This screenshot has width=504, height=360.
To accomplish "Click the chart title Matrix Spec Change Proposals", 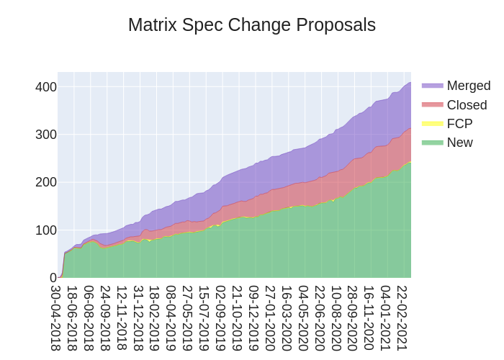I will [251, 25].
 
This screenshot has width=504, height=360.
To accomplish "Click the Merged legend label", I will [468, 86].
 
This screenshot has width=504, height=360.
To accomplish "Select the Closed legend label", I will [467, 105].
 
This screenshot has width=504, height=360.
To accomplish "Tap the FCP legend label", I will [459, 124].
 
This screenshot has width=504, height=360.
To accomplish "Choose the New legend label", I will [459, 143].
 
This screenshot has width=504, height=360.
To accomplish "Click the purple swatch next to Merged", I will [433, 86].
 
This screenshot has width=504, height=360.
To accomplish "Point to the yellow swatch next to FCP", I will [433, 124].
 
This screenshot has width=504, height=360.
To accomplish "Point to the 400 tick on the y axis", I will [45, 87].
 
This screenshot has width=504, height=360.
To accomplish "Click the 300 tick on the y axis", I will [45, 135].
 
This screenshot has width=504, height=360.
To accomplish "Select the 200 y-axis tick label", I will [45, 182].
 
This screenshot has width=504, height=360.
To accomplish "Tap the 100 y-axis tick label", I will [45, 230].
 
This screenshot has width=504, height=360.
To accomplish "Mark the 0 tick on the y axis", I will [53, 278].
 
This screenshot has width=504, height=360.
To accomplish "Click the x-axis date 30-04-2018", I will [55, 318].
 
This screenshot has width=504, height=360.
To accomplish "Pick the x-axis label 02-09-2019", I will [221, 318].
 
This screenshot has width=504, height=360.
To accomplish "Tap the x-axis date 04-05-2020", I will [303, 318].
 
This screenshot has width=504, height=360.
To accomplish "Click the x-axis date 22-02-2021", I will [402, 318].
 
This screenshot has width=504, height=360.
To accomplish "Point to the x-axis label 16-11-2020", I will [369, 318].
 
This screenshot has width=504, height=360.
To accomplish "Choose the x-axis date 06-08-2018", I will [89, 318].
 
